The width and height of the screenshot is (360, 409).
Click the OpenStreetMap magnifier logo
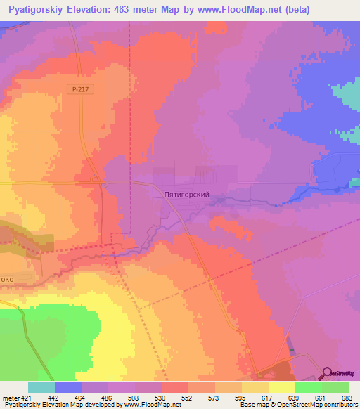[x=328, y=373]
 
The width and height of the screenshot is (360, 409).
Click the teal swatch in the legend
[x=41, y=387]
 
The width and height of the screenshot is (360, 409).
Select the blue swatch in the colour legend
[x=67, y=387]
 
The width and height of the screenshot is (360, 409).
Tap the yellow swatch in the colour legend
[x=281, y=387]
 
